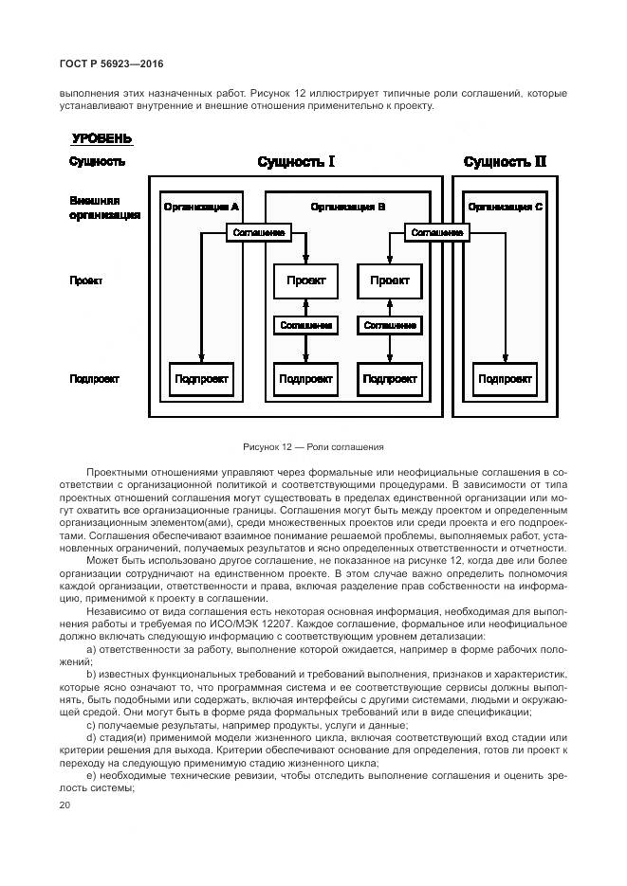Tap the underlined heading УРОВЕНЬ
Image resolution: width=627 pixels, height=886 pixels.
point(101,138)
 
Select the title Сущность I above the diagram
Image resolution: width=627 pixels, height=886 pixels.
point(296,161)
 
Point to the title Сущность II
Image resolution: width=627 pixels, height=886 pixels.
point(505,161)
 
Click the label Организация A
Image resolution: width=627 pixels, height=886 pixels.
point(200,206)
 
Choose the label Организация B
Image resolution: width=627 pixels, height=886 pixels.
point(347,206)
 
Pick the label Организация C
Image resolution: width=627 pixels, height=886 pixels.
point(506,206)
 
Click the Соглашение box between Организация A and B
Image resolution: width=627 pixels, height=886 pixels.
point(256,232)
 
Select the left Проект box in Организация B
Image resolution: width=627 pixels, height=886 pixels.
point(305,280)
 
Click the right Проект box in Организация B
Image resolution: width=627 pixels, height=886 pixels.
point(389,280)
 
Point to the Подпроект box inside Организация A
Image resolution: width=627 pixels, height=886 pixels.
point(201,379)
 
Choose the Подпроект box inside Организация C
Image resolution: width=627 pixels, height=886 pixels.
point(505,379)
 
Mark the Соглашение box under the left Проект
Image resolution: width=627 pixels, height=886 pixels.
point(305,325)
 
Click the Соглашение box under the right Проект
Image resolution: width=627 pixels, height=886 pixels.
point(389,325)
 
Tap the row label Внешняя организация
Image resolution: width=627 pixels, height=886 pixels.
point(104,208)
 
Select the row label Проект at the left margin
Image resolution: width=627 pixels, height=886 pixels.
point(85,281)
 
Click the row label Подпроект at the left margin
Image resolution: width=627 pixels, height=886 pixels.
point(94,379)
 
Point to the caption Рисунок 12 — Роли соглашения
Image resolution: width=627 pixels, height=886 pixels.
point(313,446)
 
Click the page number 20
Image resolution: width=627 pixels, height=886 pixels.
point(65,805)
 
